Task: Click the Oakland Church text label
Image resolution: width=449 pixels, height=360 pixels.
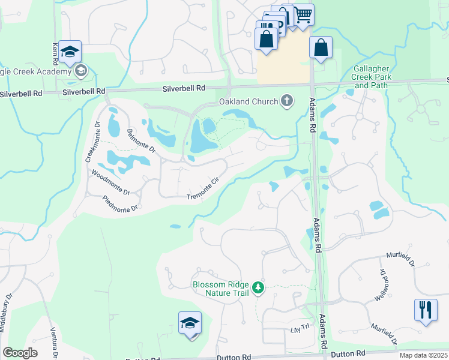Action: [x=249, y=101]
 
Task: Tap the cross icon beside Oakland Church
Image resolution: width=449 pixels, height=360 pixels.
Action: [x=287, y=101]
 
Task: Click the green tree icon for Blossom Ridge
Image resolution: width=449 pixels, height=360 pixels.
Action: [x=258, y=289]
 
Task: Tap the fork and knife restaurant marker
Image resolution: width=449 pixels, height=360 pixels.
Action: [x=426, y=310]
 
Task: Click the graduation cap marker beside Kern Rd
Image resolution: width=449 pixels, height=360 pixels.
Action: [x=70, y=52]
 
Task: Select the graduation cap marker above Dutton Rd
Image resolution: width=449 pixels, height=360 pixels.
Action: [x=190, y=323]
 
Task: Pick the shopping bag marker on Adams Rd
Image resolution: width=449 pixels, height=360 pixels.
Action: [x=321, y=47]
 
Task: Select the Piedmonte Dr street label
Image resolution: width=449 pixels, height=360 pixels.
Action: [x=120, y=203]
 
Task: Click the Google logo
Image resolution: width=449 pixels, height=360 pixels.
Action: [x=20, y=353]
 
